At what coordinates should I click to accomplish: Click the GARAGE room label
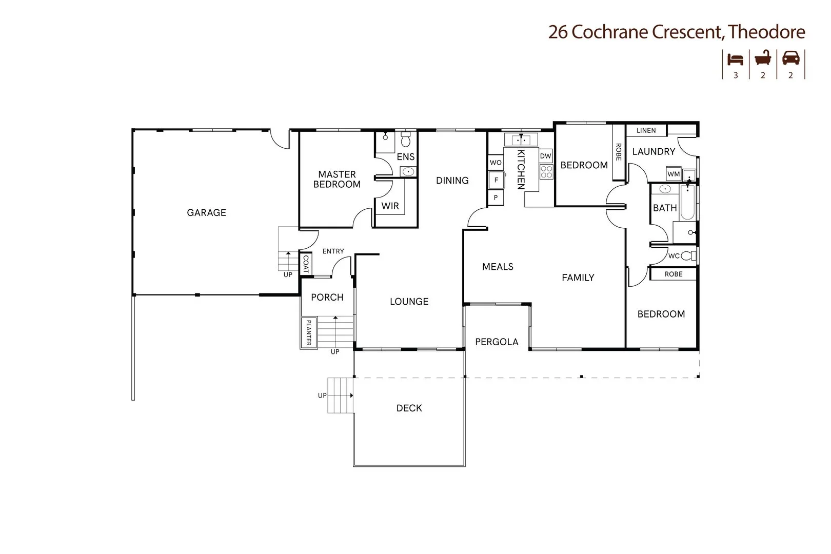click(206, 212)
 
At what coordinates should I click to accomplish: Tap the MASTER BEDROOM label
click(337, 180)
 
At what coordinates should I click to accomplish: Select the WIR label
click(390, 206)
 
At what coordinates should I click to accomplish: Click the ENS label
click(405, 157)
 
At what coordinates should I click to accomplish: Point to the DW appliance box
click(545, 156)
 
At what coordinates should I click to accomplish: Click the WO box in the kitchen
click(496, 163)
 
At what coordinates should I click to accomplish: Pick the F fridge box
click(496, 180)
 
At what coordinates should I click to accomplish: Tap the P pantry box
click(496, 197)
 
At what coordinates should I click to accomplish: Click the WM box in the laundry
click(674, 174)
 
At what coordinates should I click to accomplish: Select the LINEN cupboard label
click(646, 130)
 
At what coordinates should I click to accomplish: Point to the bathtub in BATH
click(688, 202)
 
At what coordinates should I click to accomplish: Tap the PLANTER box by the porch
click(308, 332)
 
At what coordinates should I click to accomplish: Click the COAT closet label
click(306, 264)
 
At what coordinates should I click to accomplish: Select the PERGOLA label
click(497, 342)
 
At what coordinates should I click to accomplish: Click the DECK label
click(409, 408)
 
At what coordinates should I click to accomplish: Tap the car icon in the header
click(790, 58)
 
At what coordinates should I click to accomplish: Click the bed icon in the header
click(736, 59)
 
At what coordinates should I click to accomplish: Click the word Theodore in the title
click(766, 32)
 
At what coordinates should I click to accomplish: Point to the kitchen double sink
click(521, 139)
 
